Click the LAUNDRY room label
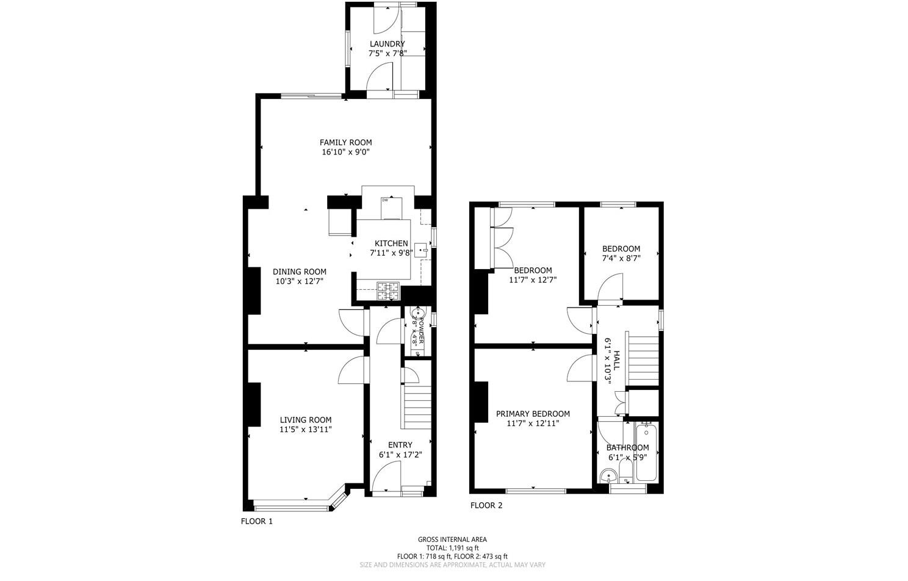[387, 44]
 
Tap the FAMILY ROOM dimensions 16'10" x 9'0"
[345, 152]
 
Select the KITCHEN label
[391, 244]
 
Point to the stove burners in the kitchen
[387, 291]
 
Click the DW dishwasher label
[385, 200]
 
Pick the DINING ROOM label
[299, 272]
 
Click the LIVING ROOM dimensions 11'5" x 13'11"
[306, 430]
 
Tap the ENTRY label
[400, 445]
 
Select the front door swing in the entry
[386, 475]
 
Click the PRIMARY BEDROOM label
[533, 413]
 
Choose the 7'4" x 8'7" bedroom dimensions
[621, 258]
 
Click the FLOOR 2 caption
[486, 505]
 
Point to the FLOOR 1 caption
[257, 521]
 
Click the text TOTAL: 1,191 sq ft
[452, 548]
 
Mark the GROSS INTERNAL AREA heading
[452, 539]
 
